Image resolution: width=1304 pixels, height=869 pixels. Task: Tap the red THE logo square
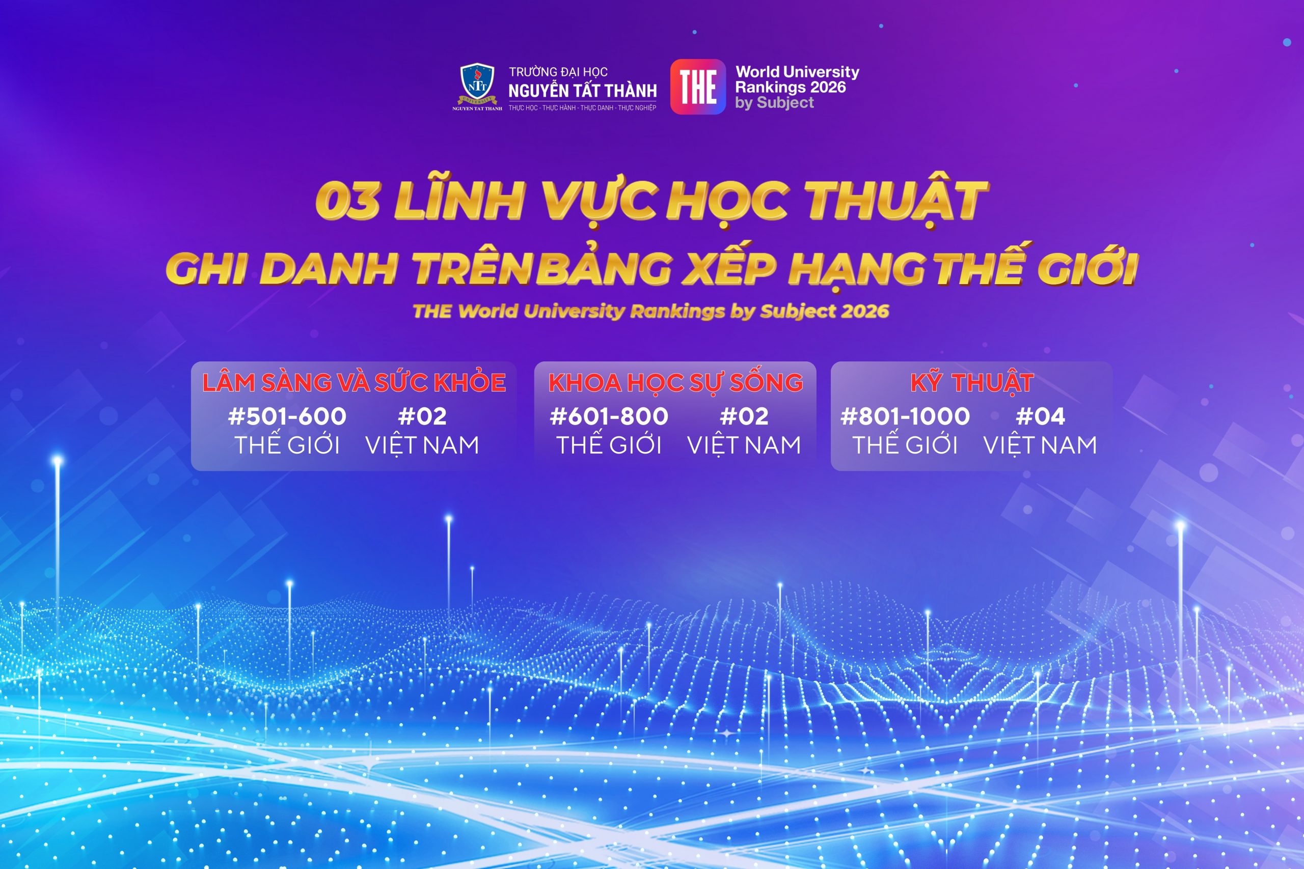(x=698, y=87)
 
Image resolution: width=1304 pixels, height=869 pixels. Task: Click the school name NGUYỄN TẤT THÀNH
(x=583, y=90)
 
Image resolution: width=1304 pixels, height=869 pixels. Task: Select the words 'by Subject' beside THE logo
(x=775, y=103)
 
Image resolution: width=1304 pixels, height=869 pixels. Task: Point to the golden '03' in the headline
(x=347, y=201)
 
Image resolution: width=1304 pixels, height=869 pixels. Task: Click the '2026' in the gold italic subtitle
(x=865, y=311)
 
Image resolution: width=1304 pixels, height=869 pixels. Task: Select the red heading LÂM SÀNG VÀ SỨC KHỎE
(x=354, y=382)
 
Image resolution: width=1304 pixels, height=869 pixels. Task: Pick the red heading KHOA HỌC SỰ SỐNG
(x=675, y=382)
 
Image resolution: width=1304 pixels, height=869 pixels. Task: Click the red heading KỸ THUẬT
(x=972, y=382)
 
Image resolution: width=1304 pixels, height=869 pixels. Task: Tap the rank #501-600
(x=287, y=416)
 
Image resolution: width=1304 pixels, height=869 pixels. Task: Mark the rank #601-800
(x=609, y=416)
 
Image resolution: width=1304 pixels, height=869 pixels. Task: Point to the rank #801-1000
(x=905, y=416)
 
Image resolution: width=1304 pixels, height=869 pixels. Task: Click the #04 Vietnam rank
(x=1040, y=416)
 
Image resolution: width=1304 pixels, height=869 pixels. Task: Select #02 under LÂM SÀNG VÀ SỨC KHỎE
(x=422, y=416)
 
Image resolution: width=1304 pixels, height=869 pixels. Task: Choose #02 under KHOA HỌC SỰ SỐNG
(x=744, y=416)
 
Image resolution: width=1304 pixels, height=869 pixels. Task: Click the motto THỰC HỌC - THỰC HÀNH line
(x=582, y=108)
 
